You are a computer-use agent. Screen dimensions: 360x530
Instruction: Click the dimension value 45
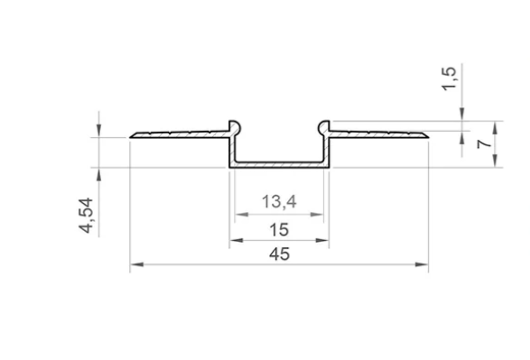pyautogui.click(x=279, y=254)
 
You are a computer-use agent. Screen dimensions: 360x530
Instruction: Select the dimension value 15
pyautogui.click(x=279, y=231)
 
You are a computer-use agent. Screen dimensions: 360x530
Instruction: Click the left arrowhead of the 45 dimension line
pyautogui.click(x=136, y=265)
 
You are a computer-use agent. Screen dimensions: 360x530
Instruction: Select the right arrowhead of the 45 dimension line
pyautogui.click(x=423, y=265)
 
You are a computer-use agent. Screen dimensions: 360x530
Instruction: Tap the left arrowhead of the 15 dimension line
pyautogui.click(x=233, y=241)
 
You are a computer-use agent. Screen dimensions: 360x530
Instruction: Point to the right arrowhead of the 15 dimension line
pyautogui.click(x=325, y=241)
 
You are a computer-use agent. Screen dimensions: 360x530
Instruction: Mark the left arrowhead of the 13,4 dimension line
pyautogui.click(x=239, y=216)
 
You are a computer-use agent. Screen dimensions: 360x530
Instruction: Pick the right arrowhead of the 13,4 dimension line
pyautogui.click(x=319, y=216)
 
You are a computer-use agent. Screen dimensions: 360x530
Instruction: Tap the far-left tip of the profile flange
pyautogui.click(x=132, y=137)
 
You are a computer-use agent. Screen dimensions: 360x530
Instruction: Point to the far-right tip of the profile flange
pyautogui.click(x=427, y=137)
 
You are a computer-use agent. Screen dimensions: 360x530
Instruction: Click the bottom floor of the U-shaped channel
pyautogui.click(x=279, y=165)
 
